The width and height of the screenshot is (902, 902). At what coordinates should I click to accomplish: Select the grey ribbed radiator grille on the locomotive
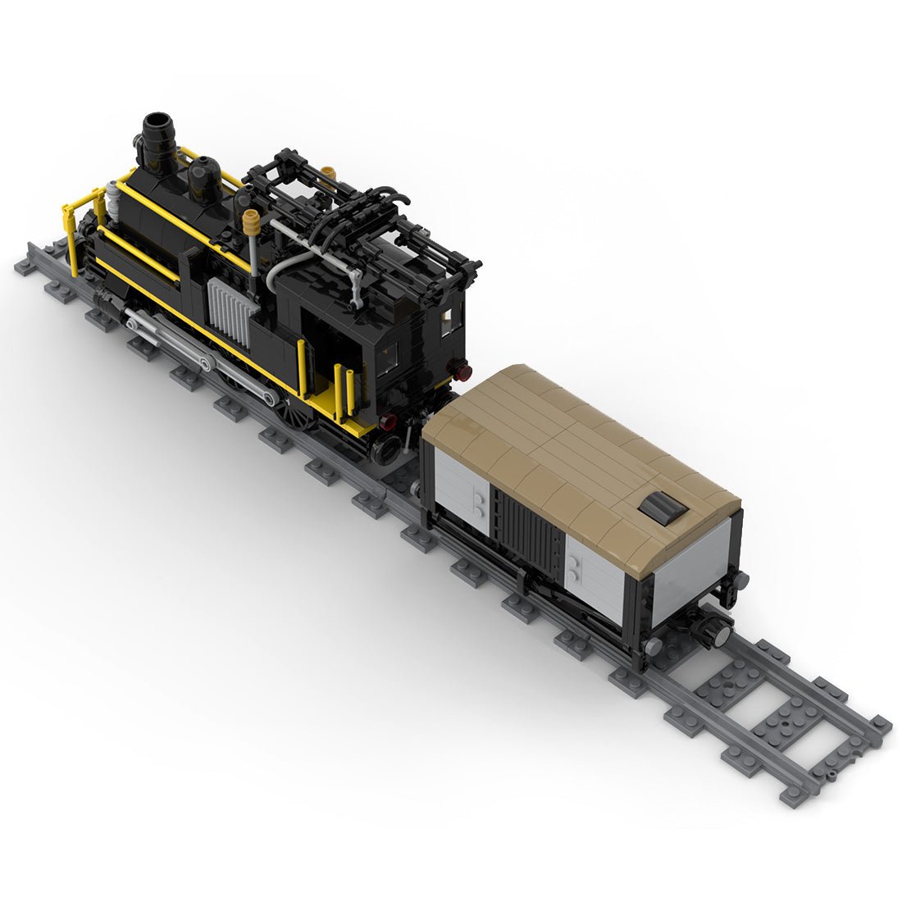click(x=228, y=312)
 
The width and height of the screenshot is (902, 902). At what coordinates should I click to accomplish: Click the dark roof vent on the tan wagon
click(x=664, y=509)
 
